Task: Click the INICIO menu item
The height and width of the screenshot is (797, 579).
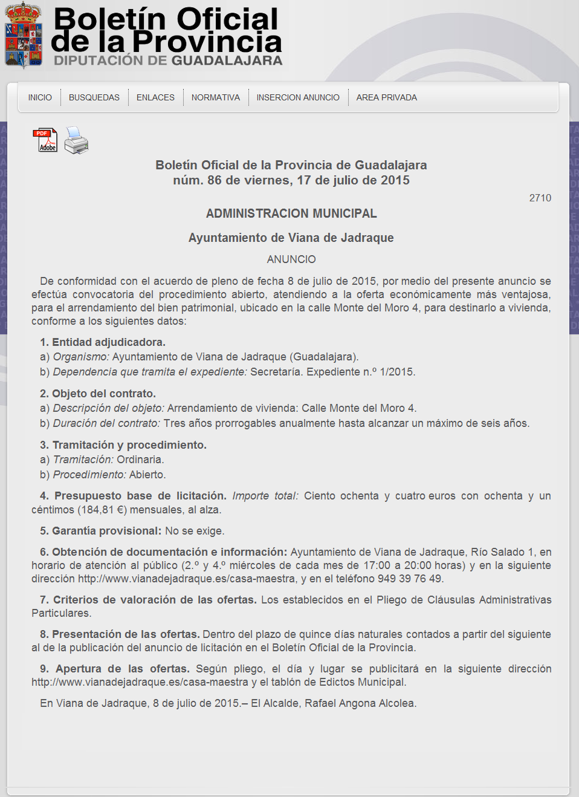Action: click(x=40, y=97)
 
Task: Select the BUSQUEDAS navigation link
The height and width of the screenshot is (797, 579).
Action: click(x=94, y=97)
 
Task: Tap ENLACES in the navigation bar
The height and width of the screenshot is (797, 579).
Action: click(x=155, y=97)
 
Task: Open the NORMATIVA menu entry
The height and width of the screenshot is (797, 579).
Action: click(x=216, y=97)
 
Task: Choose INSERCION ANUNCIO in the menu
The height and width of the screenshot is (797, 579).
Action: click(x=298, y=97)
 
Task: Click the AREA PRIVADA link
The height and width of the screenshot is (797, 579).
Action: click(x=387, y=97)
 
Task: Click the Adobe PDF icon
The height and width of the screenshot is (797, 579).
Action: click(x=45, y=140)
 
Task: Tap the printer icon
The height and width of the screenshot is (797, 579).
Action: click(x=77, y=140)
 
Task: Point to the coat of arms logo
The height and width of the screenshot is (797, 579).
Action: click(x=24, y=35)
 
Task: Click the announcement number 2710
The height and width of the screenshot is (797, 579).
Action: click(x=540, y=198)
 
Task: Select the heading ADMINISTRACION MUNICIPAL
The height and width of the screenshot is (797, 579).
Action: click(x=291, y=213)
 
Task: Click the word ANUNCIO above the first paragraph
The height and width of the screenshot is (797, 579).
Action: click(x=291, y=259)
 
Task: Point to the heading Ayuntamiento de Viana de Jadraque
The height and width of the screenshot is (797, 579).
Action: click(x=291, y=238)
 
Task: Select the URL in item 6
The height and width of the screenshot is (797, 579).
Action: click(x=187, y=579)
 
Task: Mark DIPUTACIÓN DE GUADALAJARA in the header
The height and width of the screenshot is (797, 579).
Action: click(x=168, y=60)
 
